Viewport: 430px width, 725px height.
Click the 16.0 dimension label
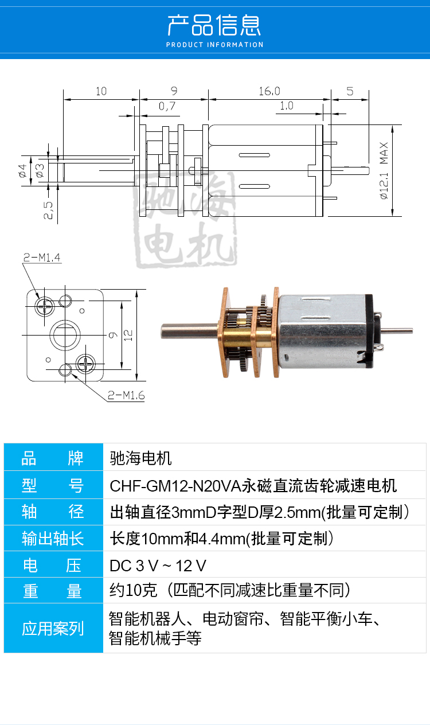269,91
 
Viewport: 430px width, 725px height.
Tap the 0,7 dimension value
167,106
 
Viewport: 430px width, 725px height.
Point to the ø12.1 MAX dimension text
384,170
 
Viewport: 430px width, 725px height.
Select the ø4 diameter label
22,170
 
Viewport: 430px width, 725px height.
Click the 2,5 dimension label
48,210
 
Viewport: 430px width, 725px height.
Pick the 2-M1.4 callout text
42,258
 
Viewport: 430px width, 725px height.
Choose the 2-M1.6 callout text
126,395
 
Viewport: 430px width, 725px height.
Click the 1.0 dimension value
286,106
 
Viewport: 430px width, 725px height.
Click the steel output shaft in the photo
190,332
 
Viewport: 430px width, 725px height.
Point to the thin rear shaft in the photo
397,331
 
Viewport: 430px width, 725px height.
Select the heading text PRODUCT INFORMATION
215,45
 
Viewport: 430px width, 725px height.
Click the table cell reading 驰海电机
140,458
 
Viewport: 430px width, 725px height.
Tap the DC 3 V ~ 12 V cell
158,566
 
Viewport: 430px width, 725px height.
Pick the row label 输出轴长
53,539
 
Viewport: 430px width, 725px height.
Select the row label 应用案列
53,629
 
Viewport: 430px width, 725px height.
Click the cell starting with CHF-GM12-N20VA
253,485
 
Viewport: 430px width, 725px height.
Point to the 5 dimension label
350,91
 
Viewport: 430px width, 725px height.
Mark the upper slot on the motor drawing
255,155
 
